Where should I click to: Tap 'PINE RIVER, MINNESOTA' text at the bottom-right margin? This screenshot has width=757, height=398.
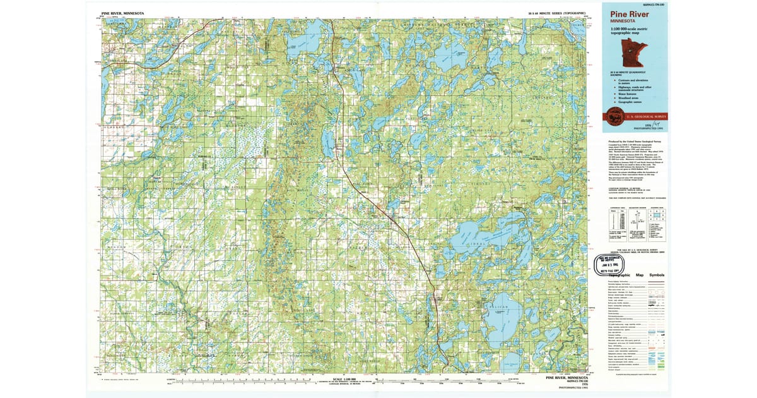coord(567,378)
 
